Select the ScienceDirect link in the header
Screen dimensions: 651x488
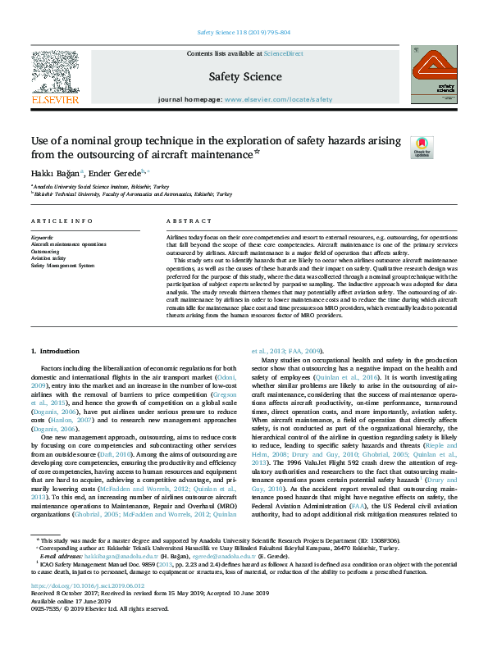(x=284, y=53)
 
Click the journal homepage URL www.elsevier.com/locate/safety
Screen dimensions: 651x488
(x=278, y=98)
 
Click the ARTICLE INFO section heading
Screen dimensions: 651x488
(x=62, y=221)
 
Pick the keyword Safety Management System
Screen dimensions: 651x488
(x=63, y=266)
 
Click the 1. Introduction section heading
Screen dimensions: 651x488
(x=57, y=351)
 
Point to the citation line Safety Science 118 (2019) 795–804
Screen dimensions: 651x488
(x=244, y=32)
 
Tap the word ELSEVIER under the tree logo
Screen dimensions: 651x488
(x=55, y=100)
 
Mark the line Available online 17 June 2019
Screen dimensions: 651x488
(x=67, y=623)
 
